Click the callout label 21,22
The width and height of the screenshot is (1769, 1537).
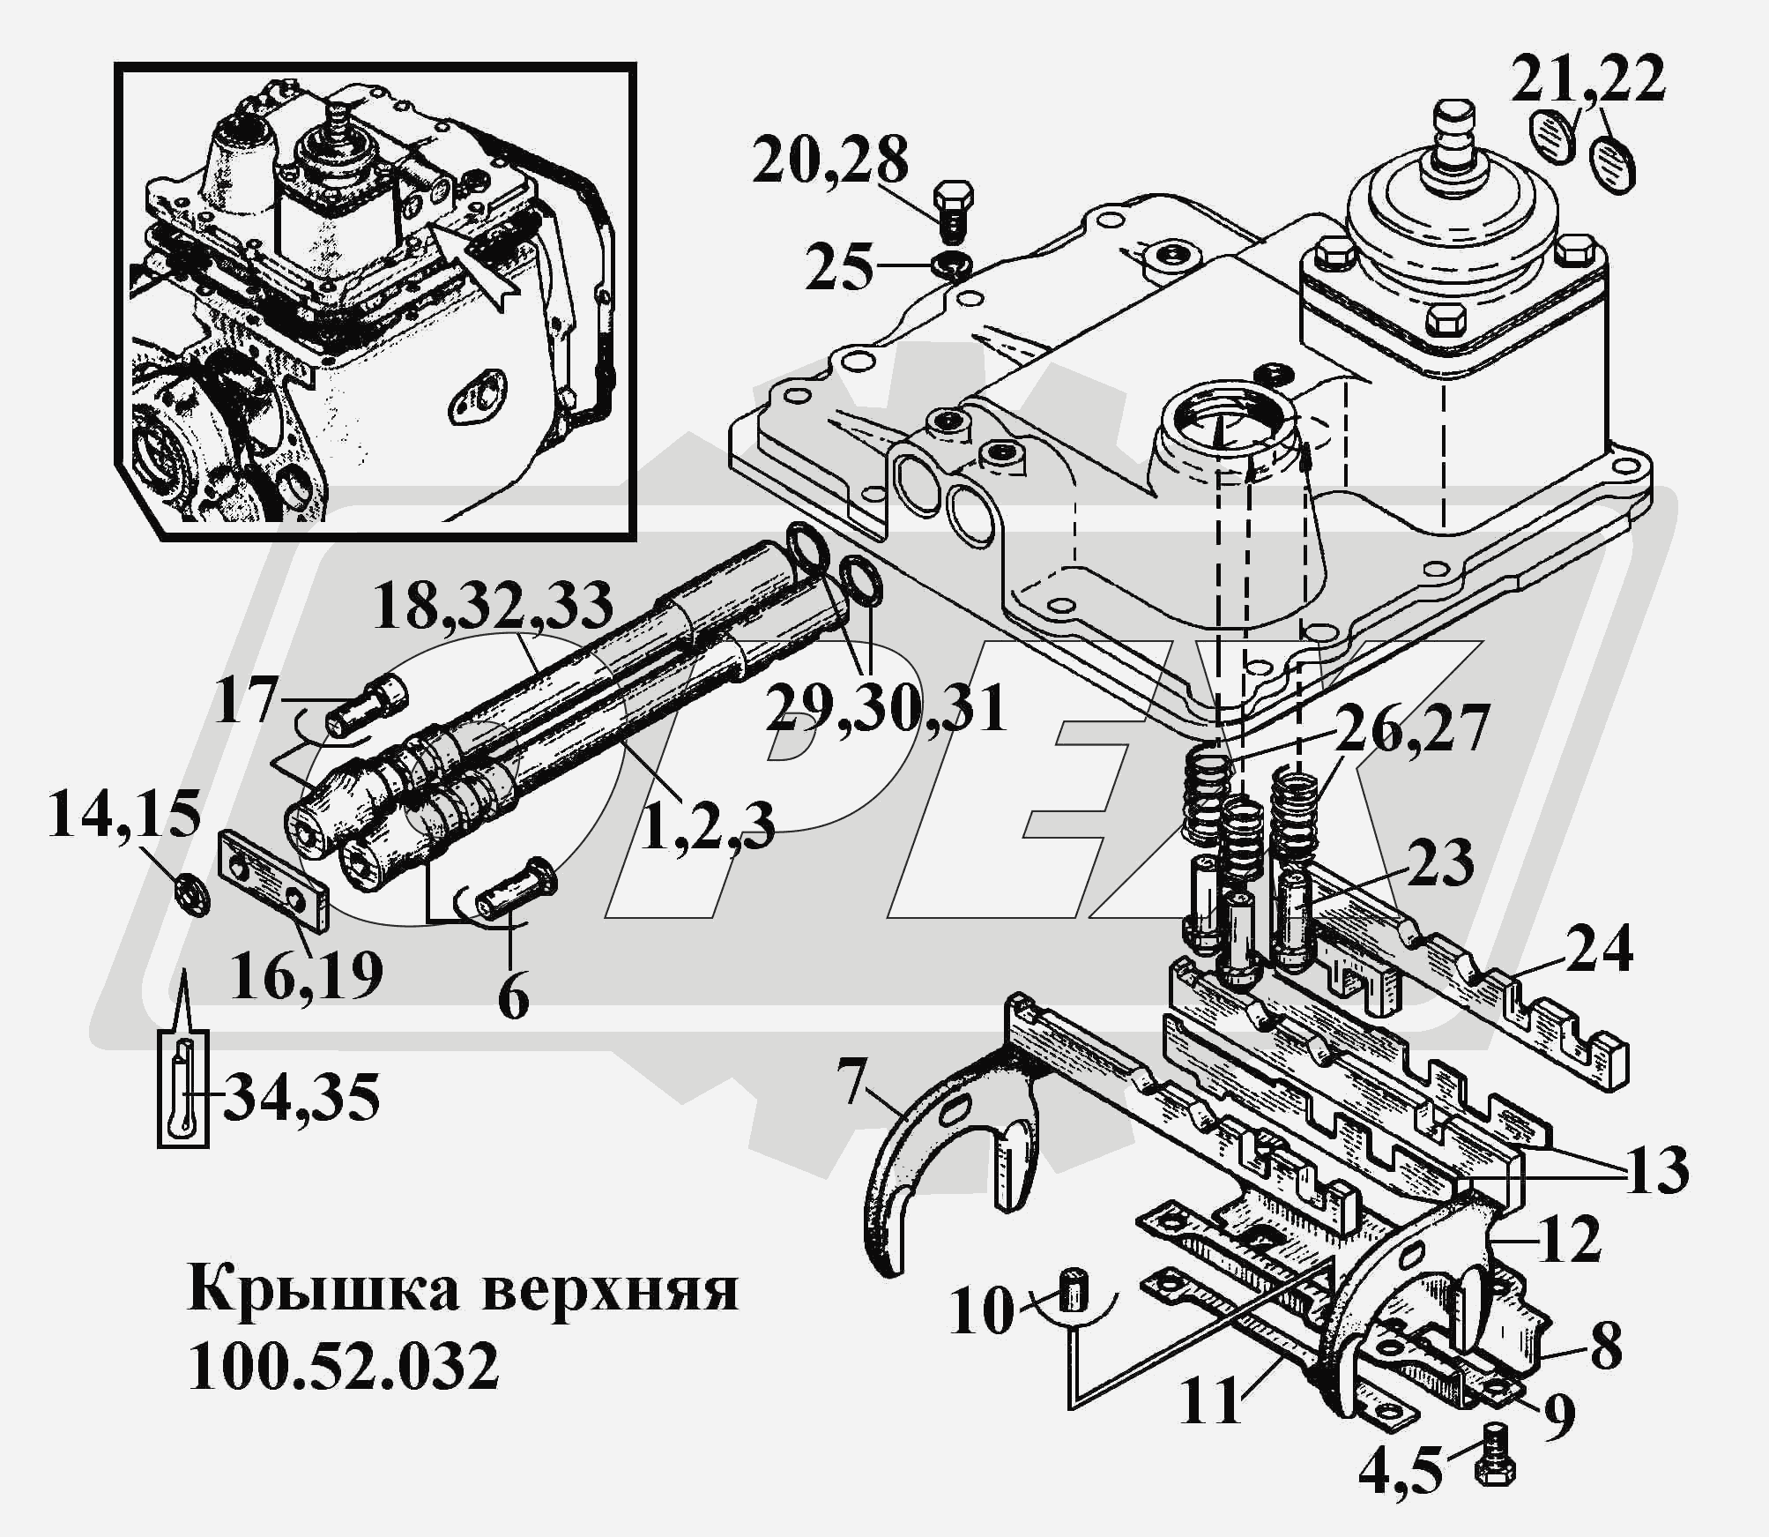(1588, 82)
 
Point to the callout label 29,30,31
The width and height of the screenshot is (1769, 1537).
(886, 710)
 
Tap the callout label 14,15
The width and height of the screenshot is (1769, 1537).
(124, 815)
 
